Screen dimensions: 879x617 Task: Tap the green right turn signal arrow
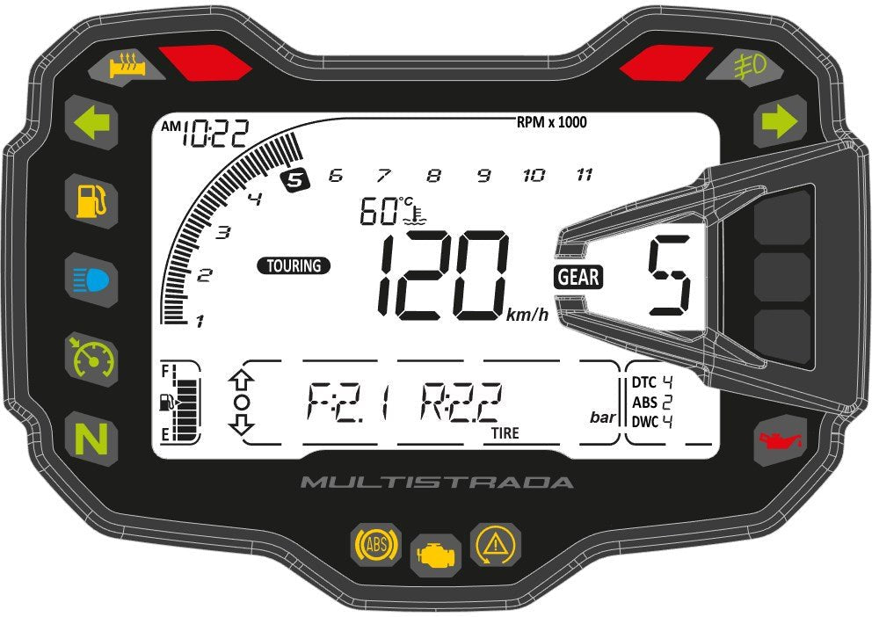coord(779,121)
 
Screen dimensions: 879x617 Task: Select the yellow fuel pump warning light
coord(91,201)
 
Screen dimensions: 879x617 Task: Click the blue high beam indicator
coord(91,279)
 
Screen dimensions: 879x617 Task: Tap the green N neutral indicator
coord(91,439)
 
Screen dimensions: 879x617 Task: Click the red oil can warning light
coord(780,440)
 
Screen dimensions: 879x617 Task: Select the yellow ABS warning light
coord(376,543)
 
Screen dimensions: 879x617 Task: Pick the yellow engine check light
coord(437,555)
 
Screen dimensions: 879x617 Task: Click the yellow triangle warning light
coord(495,544)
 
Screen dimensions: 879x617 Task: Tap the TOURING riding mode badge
coord(294,265)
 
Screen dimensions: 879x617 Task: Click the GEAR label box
coord(578,277)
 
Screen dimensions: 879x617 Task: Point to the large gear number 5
coord(669,276)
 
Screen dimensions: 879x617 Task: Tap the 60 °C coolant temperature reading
coord(392,211)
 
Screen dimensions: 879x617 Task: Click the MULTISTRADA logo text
coord(437,482)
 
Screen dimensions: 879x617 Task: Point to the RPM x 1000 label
coord(552,122)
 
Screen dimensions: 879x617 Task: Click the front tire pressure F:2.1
coord(347,402)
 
